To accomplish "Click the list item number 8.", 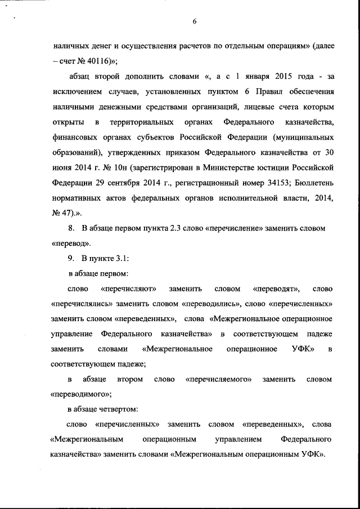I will point(70,228).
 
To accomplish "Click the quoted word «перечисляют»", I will point(129,289).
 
